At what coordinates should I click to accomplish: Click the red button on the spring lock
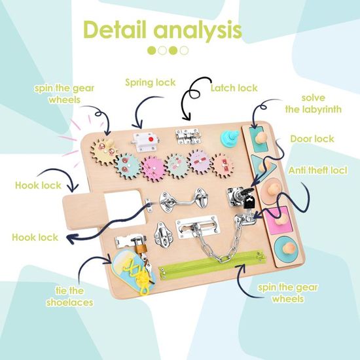(151, 139)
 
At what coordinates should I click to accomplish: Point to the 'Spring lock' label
(151, 82)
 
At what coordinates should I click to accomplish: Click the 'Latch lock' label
(234, 88)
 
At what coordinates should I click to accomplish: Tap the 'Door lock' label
(312, 139)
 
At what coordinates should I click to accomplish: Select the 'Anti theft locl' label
(318, 171)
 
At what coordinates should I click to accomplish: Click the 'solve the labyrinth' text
(314, 104)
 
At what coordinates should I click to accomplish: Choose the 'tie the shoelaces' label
(70, 297)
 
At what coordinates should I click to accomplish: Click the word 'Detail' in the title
(115, 30)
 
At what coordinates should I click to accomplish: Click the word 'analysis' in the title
(198, 31)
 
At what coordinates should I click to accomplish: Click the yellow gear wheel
(104, 151)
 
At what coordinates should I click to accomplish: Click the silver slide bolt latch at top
(189, 136)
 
